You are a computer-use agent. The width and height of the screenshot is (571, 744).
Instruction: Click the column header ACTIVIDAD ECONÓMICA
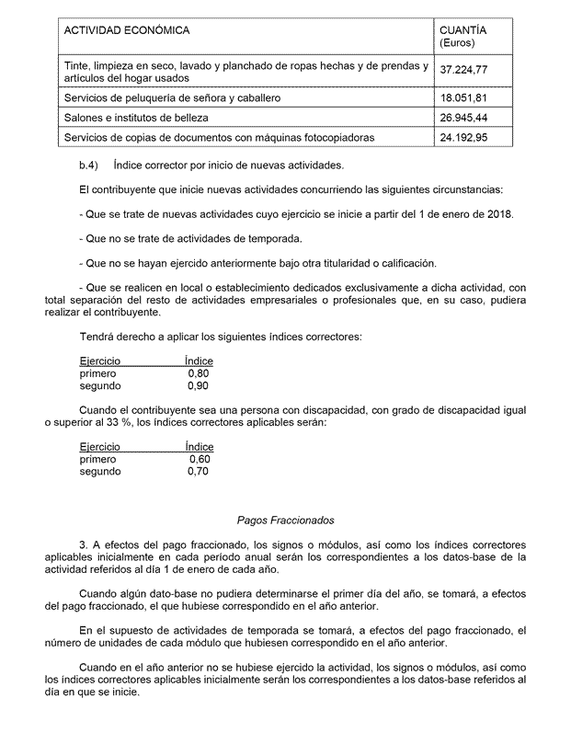[127, 31]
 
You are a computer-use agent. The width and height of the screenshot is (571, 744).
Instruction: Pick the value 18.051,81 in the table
[463, 97]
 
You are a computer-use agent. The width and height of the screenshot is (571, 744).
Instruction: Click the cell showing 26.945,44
[463, 118]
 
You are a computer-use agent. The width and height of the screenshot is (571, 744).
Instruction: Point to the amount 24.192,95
[463, 138]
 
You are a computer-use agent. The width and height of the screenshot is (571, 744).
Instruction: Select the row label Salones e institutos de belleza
[137, 118]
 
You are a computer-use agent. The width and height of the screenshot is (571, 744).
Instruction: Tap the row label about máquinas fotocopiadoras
[220, 138]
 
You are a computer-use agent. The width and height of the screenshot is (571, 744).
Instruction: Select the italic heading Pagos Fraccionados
[285, 520]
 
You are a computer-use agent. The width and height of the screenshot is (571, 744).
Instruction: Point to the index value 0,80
[198, 374]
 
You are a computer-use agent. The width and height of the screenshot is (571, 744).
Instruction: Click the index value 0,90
[198, 386]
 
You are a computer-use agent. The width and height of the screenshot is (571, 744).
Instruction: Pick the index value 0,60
[200, 458]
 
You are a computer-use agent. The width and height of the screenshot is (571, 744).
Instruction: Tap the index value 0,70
[198, 471]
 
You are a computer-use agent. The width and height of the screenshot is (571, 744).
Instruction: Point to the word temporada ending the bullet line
[276, 239]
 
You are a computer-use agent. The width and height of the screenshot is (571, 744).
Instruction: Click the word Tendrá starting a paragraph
[97, 338]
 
